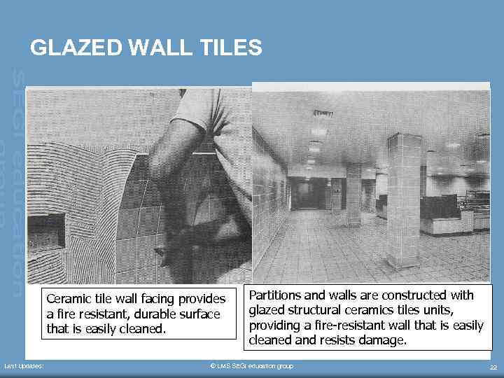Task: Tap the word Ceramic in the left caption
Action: pos(69,300)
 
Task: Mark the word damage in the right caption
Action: pos(382,340)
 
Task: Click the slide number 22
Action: pos(493,367)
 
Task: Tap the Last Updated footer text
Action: pos(24,366)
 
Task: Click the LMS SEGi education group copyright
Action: pos(252,366)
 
